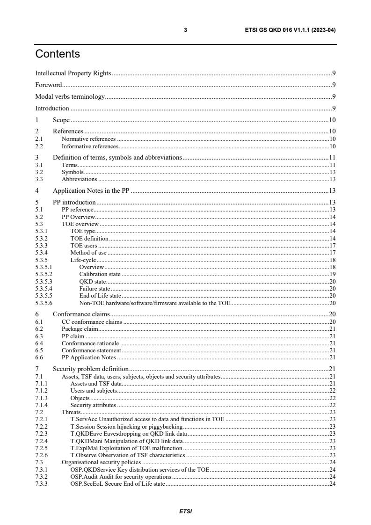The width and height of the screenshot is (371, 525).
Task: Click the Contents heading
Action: click(58, 54)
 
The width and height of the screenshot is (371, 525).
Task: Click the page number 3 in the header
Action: click(186, 30)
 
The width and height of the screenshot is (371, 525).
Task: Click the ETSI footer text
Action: click(186, 511)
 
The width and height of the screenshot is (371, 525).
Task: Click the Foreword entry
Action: click(49, 85)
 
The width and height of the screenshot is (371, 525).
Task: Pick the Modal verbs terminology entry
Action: click(70, 97)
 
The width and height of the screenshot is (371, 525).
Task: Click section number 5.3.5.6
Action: click(44, 303)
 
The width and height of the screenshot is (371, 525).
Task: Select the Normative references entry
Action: click(88, 139)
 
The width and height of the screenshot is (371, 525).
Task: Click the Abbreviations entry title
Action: click(80, 179)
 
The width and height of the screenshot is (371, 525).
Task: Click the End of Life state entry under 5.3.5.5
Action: click(100, 296)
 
